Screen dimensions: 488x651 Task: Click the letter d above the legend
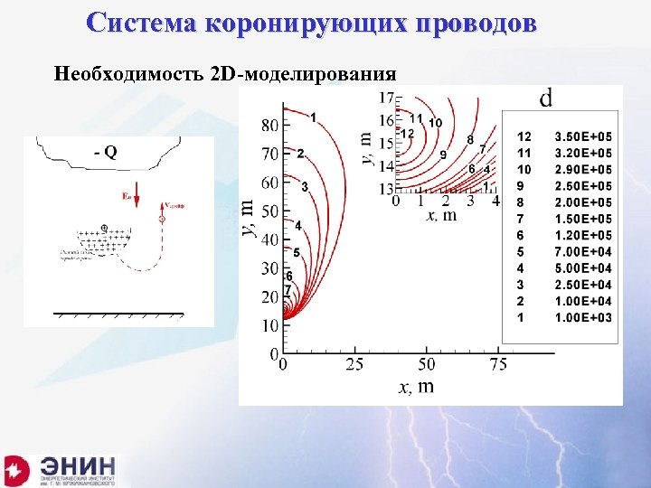547,96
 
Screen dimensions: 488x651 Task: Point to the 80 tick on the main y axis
269,123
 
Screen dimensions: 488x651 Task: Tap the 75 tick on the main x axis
498,364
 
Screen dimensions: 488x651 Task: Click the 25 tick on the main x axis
354,364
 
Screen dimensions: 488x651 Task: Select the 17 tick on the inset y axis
386,97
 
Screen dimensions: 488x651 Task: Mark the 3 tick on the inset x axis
471,202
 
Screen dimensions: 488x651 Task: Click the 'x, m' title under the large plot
417,387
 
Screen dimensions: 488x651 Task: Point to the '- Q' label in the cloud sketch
105,153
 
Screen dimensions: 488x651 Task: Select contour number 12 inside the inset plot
407,134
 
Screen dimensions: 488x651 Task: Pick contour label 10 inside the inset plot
435,122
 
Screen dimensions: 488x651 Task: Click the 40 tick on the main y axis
269,239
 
